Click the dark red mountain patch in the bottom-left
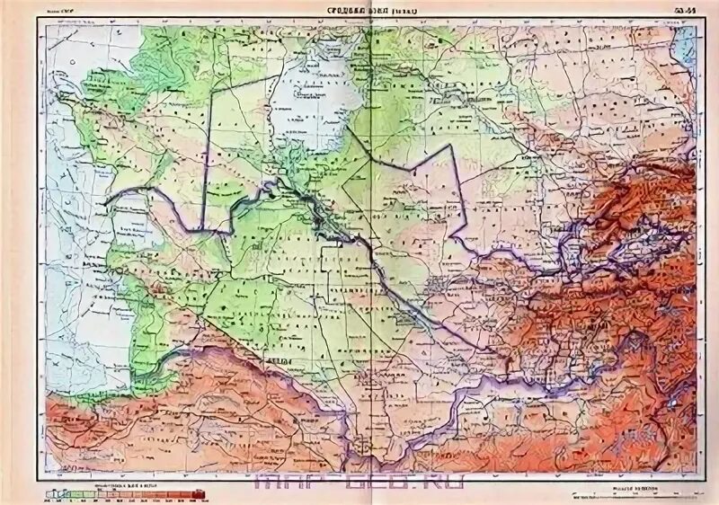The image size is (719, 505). click(90, 422)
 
